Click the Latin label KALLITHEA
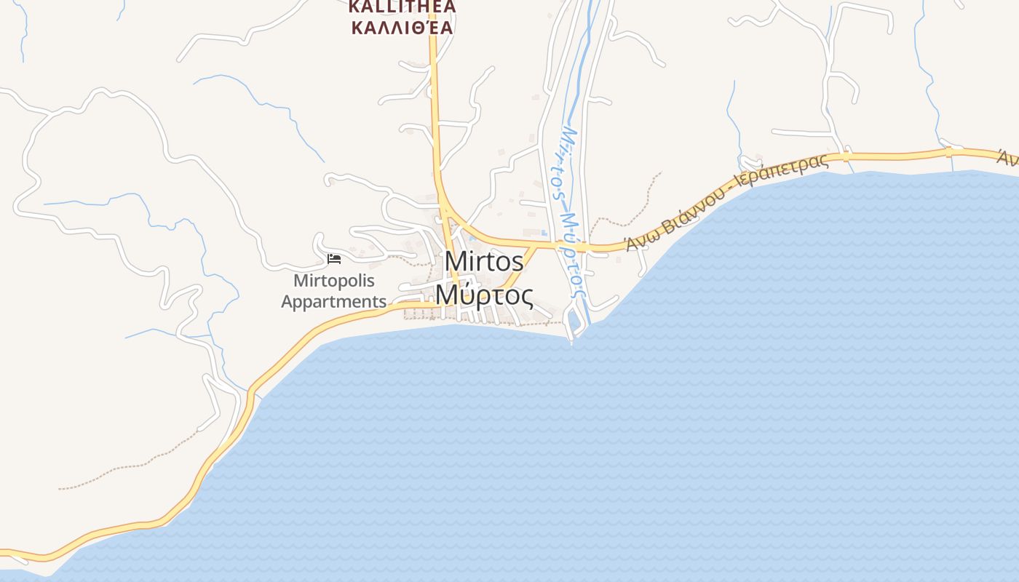pyautogui.click(x=402, y=7)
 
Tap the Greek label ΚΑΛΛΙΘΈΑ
pyautogui.click(x=402, y=28)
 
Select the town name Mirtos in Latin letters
pyautogui.click(x=484, y=262)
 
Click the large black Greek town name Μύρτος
pyautogui.click(x=484, y=295)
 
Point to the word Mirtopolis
pyautogui.click(x=334, y=281)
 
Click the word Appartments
pyautogui.click(x=334, y=301)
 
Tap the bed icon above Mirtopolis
pyautogui.click(x=334, y=258)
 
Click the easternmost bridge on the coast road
pyautogui.click(x=948, y=152)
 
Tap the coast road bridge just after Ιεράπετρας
pyautogui.click(x=845, y=156)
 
